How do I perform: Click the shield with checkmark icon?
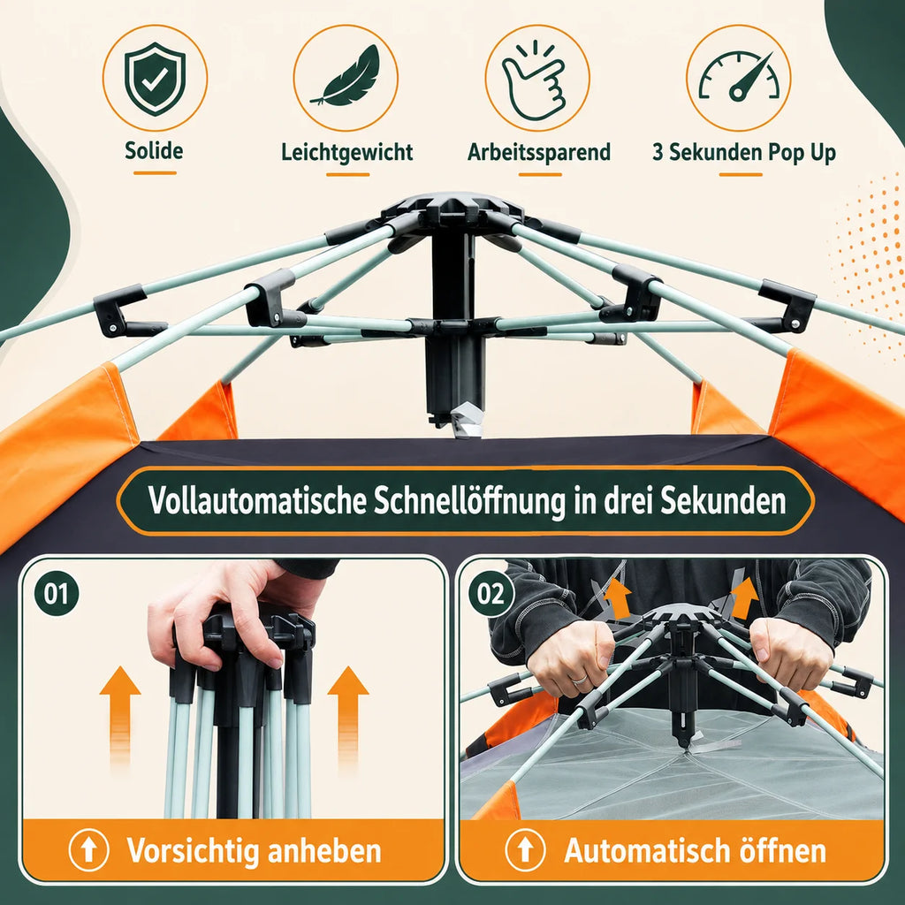(155, 79)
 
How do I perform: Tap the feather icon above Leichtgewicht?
(346, 77)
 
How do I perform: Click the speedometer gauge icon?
(739, 76)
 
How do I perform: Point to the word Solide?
(154, 150)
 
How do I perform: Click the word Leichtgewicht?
(346, 152)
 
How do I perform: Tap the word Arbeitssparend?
(539, 152)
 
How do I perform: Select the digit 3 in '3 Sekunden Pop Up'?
(658, 152)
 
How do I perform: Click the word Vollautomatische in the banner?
(257, 500)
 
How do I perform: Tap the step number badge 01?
(57, 593)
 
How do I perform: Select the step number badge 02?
(491, 593)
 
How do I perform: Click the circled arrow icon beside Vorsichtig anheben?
(88, 850)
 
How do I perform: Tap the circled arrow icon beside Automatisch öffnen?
(525, 850)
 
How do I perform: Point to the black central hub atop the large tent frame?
(452, 209)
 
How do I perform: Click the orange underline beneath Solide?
(155, 172)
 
